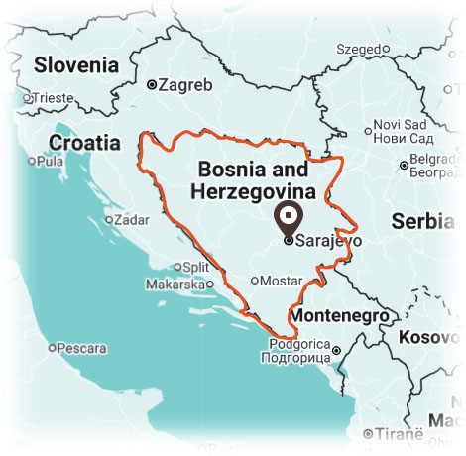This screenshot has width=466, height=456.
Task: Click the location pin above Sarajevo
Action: pyautogui.click(x=289, y=216)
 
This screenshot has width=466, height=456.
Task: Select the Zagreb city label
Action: pyautogui.click(x=185, y=85)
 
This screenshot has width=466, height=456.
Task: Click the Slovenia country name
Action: pyautogui.click(x=76, y=66)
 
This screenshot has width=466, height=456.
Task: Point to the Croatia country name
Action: pyautogui.click(x=84, y=142)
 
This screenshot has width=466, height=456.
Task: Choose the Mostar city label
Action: pyautogui.click(x=279, y=281)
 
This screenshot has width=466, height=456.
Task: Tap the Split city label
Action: pyautogui.click(x=195, y=267)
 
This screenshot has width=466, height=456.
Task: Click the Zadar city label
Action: pyautogui.click(x=131, y=220)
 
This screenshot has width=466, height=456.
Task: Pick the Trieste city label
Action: pyautogui.click(x=55, y=98)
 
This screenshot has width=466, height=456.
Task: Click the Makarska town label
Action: pyautogui.click(x=175, y=285)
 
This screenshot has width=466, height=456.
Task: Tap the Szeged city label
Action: pyautogui.click(x=358, y=48)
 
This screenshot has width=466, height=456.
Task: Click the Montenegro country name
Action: pyautogui.click(x=342, y=315)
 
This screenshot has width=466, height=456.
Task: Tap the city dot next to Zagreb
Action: pyautogui.click(x=151, y=85)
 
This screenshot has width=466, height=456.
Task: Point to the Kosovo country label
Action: pyautogui.click(x=428, y=337)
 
